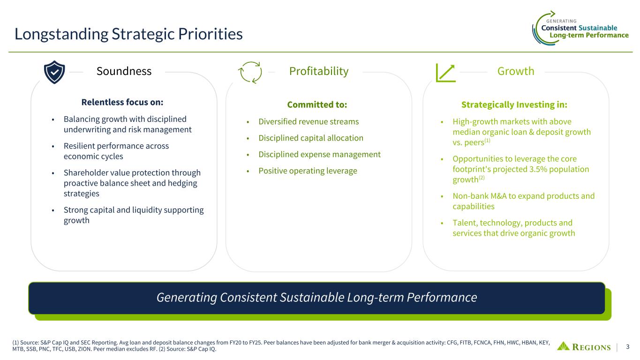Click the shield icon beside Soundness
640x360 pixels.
click(54, 72)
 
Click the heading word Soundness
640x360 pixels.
click(124, 71)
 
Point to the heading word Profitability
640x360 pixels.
click(319, 71)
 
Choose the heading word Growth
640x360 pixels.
click(516, 71)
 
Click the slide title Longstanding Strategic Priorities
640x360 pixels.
click(128, 34)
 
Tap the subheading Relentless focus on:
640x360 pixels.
click(122, 102)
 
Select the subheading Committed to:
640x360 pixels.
click(317, 105)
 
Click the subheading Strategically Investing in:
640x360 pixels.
click(514, 105)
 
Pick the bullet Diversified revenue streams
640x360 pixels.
click(309, 122)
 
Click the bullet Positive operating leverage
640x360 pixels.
click(308, 171)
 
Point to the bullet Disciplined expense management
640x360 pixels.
click(319, 155)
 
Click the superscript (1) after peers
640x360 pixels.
click(487, 140)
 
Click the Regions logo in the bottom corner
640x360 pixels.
click(584, 346)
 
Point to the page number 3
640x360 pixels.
click(628, 347)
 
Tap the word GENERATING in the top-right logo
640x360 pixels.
click(561, 21)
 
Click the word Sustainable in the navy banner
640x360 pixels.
click(312, 298)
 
